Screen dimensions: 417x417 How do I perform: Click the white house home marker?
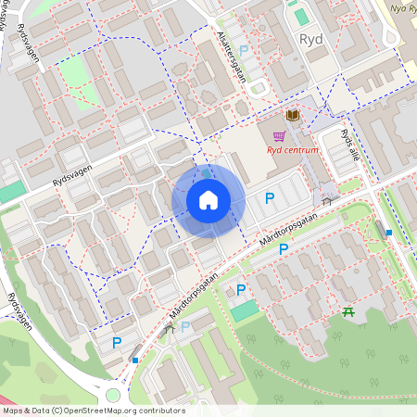208,200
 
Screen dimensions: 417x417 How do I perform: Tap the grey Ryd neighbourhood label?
311,39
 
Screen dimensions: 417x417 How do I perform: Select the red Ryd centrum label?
293,150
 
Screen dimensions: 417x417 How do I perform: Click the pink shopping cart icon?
278,135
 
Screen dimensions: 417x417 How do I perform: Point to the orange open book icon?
293,115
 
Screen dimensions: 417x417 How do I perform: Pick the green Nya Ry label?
397,10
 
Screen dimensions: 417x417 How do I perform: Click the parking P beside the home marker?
270,197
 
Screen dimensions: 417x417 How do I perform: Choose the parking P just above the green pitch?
241,290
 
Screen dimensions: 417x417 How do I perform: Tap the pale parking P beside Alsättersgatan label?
244,52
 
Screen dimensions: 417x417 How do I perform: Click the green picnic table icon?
348,311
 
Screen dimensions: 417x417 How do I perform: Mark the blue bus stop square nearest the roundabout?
136,360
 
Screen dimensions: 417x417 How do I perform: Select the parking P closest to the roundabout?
118,342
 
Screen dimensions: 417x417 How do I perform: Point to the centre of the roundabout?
113,395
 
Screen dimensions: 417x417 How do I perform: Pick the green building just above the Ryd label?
301,16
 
